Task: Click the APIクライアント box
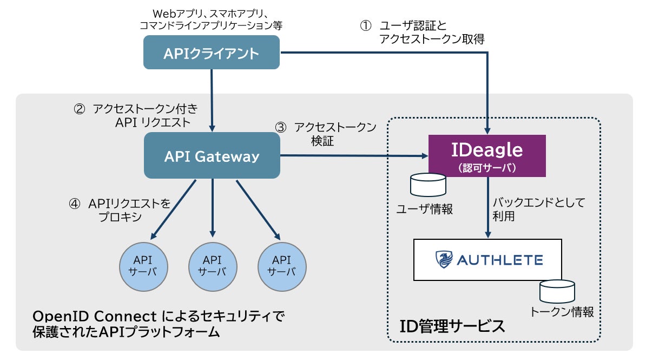click(x=212, y=53)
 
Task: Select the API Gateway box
click(x=212, y=156)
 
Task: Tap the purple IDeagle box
click(x=487, y=156)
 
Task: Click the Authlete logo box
click(x=487, y=259)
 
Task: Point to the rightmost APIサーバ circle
click(x=282, y=265)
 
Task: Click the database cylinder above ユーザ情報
click(x=429, y=184)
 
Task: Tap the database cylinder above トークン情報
click(x=557, y=291)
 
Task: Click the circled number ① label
click(x=366, y=26)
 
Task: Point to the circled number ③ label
click(x=280, y=128)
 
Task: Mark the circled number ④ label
click(x=74, y=204)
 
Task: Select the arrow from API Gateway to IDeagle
click(x=352, y=156)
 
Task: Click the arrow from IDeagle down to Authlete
click(x=489, y=208)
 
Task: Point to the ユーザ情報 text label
click(x=425, y=209)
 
